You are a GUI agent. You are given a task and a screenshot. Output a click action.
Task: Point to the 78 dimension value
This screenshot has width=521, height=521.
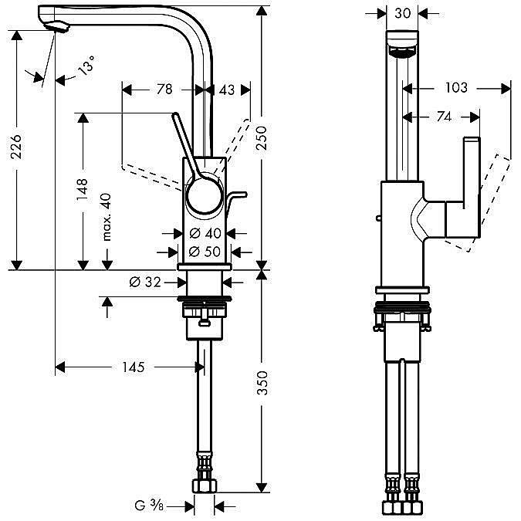[164, 90]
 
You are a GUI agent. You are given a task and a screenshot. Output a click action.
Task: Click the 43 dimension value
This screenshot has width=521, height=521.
[226, 90]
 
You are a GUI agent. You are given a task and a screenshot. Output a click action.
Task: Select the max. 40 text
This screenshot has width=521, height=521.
[107, 217]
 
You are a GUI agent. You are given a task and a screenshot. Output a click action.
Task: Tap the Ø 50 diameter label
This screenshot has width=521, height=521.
[205, 251]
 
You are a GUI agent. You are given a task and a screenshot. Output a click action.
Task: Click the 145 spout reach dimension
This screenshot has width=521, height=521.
[133, 367]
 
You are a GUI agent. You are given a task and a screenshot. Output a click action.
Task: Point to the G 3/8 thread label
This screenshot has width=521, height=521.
[147, 506]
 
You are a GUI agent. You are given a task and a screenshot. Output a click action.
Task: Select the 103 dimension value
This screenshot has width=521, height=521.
[456, 88]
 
